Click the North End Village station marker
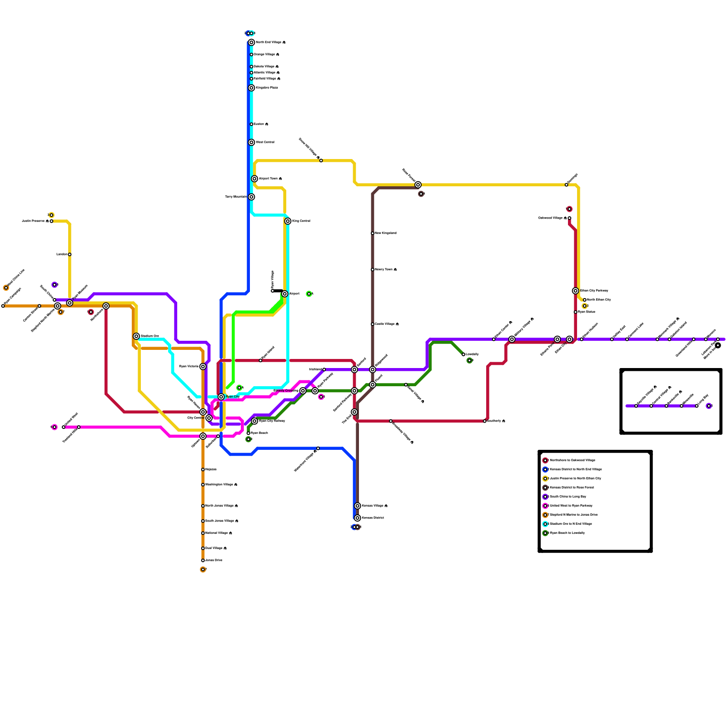coord(251,42)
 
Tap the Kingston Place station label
coord(267,88)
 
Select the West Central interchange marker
coord(251,142)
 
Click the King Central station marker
coord(288,221)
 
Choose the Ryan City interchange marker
coord(221,397)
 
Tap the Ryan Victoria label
coord(189,366)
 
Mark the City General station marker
coord(209,418)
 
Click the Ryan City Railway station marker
coord(254,421)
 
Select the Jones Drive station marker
coord(203,560)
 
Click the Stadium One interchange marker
coord(136,336)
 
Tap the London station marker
coord(70,254)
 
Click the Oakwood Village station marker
coord(569,218)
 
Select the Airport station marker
coord(285,294)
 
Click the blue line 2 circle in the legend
coord(545,469)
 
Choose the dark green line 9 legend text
coord(568,533)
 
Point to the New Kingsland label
coord(386,233)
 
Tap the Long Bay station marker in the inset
coord(697,406)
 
